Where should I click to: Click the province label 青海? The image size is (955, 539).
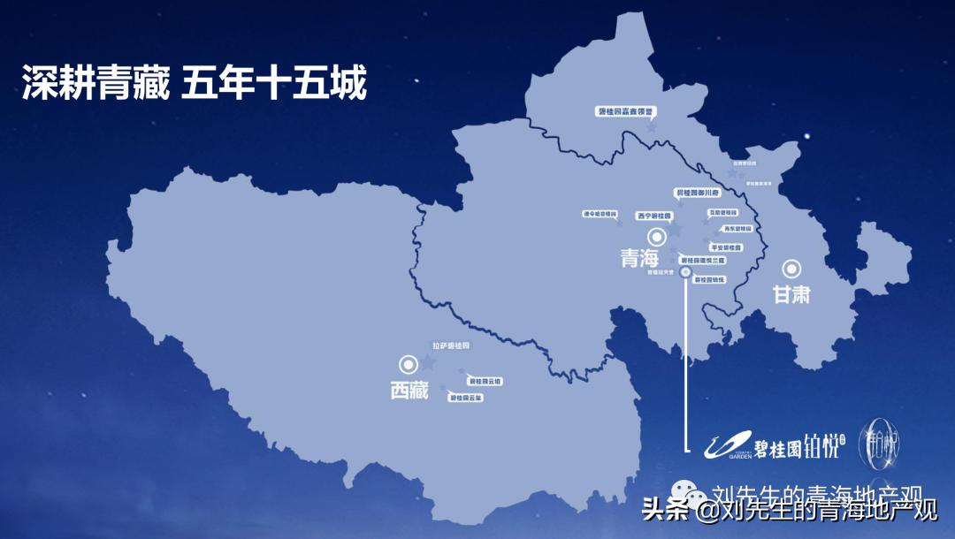641,259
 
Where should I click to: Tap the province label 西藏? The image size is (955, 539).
409,390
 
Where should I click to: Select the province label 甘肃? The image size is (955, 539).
791,294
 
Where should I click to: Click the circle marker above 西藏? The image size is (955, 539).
409,363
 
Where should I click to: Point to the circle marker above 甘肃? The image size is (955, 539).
792,269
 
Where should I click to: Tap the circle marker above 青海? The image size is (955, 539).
657,236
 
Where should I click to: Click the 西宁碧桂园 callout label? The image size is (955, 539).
655,215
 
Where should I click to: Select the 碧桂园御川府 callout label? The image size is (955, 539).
699,192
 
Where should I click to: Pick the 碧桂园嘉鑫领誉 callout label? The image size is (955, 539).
625,112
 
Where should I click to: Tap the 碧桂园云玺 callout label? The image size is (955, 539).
466,399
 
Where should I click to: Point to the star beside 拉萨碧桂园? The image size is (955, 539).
429,362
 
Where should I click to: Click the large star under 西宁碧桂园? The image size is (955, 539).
676,230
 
